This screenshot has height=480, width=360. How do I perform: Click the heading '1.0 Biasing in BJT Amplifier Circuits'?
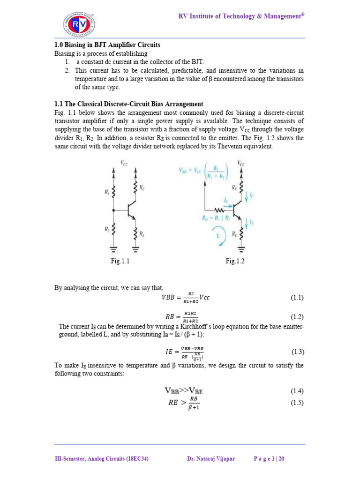pos(107,45)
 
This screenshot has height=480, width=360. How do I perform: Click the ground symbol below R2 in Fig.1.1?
pos(113,248)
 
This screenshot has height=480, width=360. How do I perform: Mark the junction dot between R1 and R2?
pos(113,210)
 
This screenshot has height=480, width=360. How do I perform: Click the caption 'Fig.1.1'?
pos(120,262)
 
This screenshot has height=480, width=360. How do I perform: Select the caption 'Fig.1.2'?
pos(235,262)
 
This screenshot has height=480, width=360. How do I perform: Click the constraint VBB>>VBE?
pos(187,390)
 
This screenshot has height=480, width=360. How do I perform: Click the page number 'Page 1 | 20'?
pos(269,459)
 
